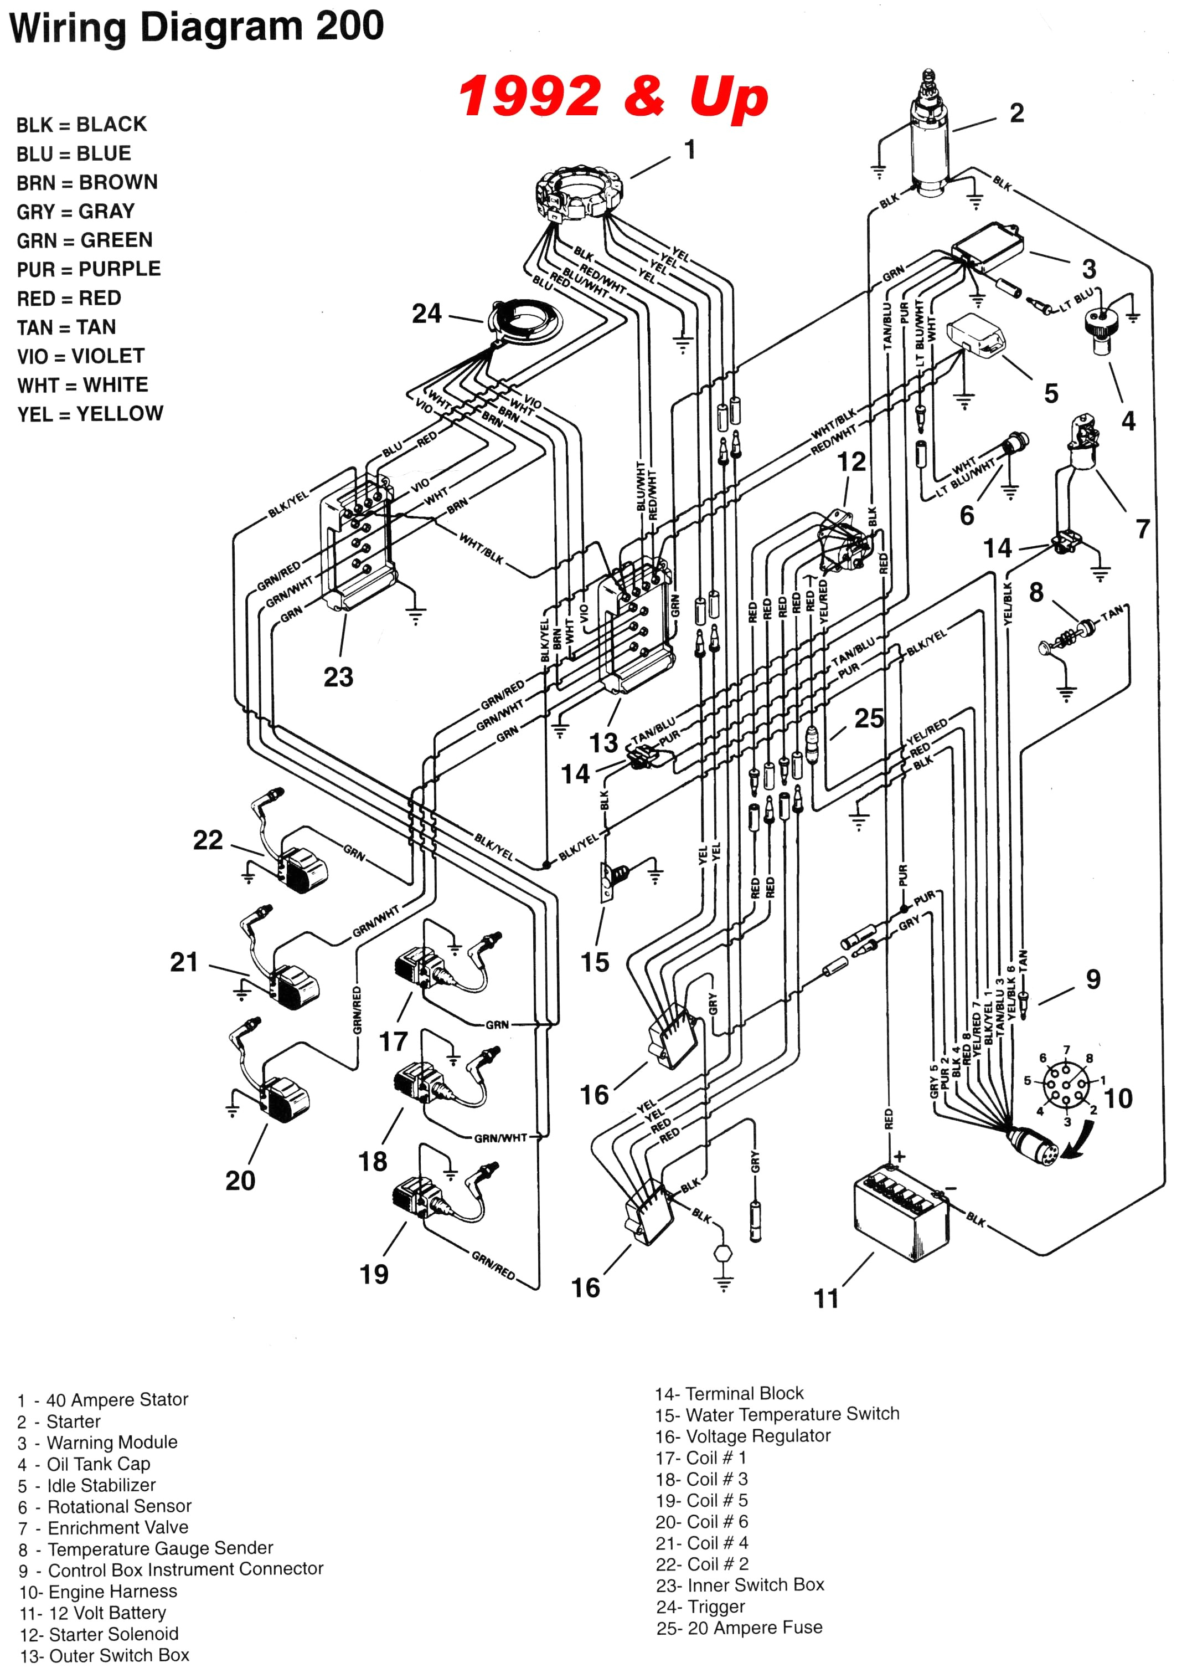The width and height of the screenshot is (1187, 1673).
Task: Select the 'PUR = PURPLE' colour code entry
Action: (89, 269)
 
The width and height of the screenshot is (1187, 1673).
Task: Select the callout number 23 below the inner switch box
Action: (338, 677)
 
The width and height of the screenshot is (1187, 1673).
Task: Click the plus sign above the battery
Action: (899, 1157)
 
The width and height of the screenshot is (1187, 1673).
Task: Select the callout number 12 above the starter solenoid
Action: (851, 461)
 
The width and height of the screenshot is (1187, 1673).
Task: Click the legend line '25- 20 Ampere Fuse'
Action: (739, 1628)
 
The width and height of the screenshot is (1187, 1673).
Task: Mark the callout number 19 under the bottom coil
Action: (374, 1275)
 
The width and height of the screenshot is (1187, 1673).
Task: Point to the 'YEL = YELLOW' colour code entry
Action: (90, 414)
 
